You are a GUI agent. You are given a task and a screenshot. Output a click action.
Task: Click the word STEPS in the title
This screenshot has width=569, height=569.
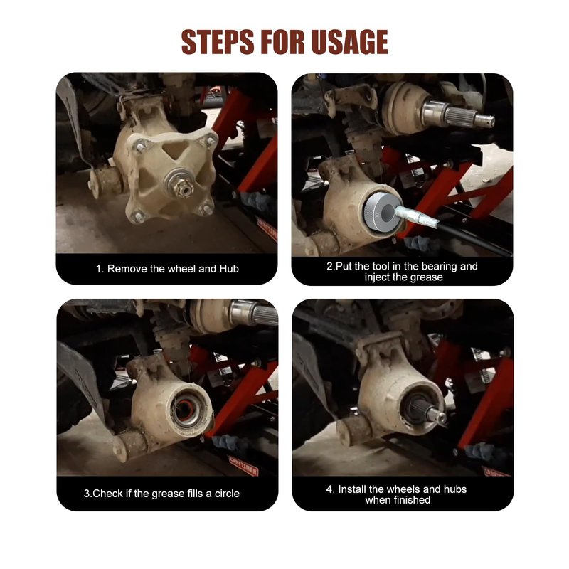218,42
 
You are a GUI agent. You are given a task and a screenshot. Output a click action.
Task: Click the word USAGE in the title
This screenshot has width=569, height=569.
349,42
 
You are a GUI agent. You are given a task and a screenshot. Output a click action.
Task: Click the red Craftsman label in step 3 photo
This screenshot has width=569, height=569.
243,466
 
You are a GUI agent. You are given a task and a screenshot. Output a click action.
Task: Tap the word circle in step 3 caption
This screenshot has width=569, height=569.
227,494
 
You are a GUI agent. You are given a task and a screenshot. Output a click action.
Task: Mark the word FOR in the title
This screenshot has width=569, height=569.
282,42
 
